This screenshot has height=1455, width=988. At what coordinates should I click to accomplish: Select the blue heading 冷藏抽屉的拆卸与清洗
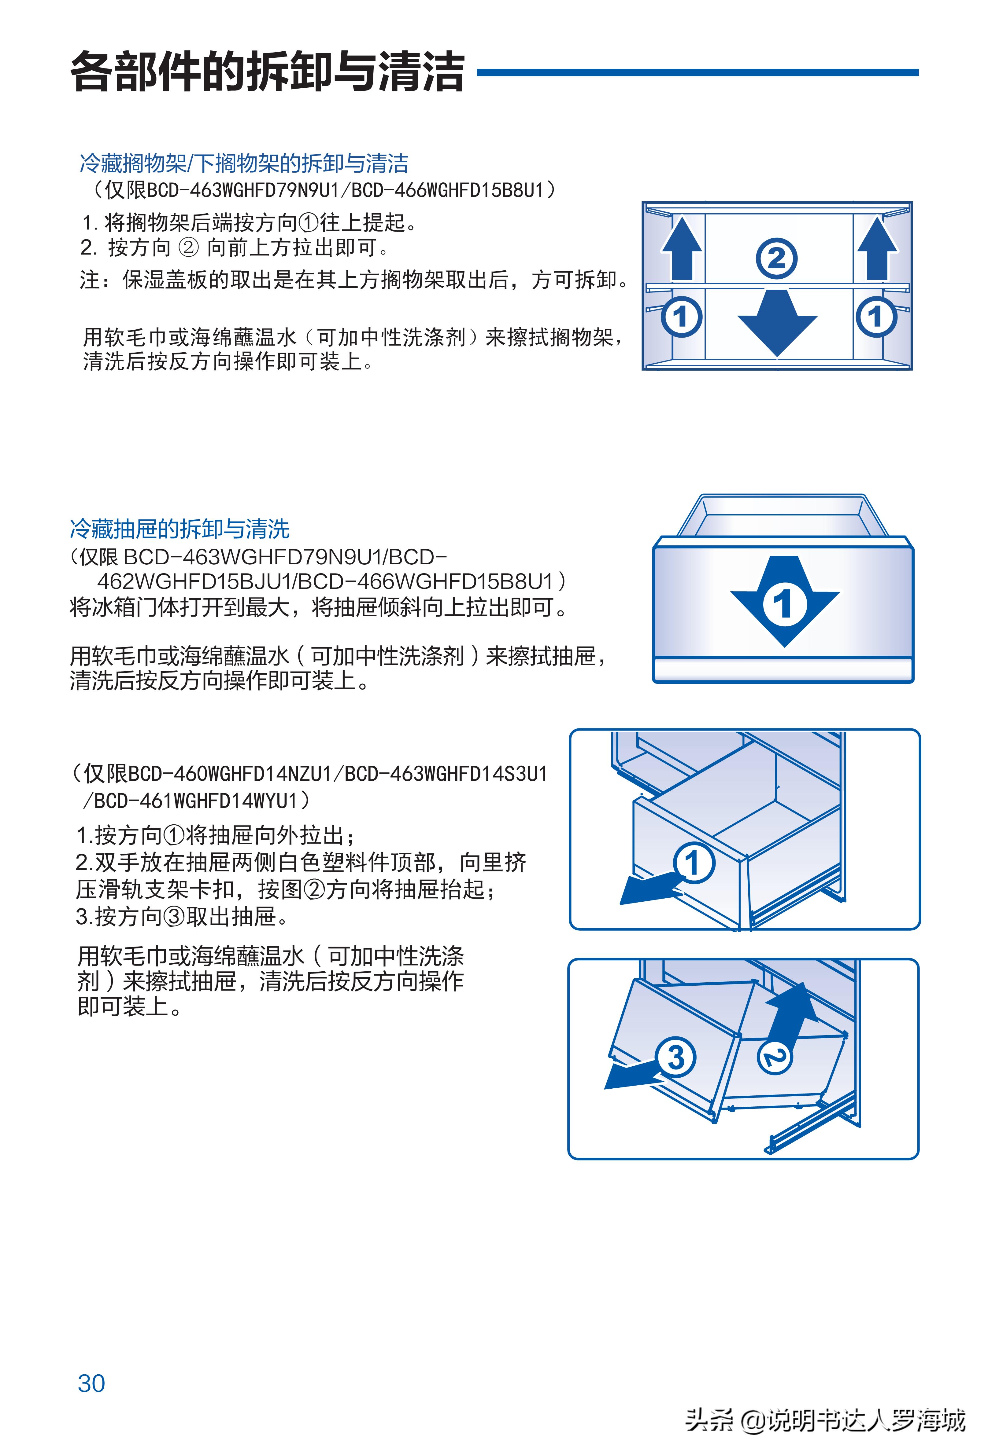pos(179,529)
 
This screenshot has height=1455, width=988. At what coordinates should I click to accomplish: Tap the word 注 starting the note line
pos(89,280)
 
